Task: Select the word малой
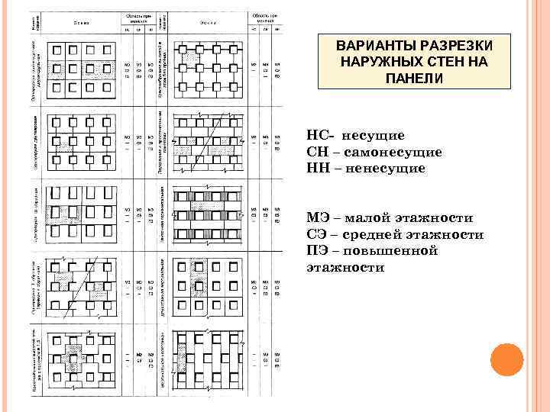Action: pyautogui.click(x=370, y=218)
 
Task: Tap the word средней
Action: pyautogui.click(x=377, y=235)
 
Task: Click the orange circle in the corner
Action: pyautogui.click(x=505, y=361)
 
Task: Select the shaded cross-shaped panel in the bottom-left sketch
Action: pyautogui.click(x=73, y=359)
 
